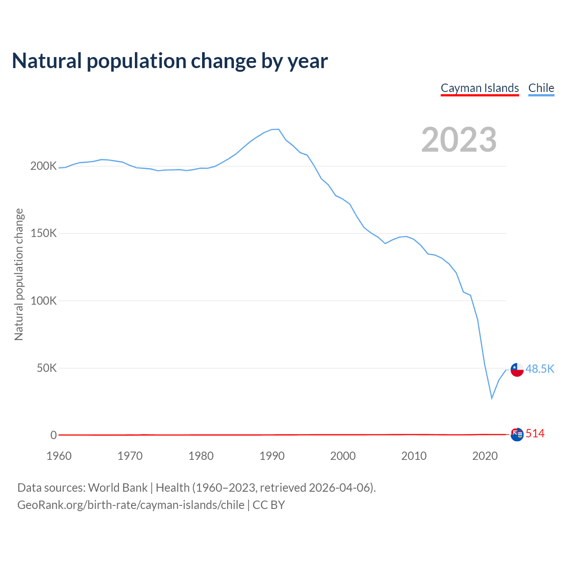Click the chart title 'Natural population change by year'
(x=170, y=61)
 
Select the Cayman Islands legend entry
(x=480, y=88)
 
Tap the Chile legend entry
(x=541, y=88)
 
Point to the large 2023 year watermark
(x=459, y=140)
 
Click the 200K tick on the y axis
(x=43, y=166)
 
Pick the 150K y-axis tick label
(x=43, y=233)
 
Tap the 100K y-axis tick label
(x=43, y=301)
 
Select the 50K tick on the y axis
(x=46, y=368)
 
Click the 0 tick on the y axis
(x=54, y=435)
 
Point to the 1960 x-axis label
(x=59, y=456)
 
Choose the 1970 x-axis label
(x=130, y=456)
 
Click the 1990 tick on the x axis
(x=272, y=456)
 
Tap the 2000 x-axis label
(x=343, y=456)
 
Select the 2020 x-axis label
(x=485, y=456)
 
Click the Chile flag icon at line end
(x=517, y=369)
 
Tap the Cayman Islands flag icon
(x=517, y=434)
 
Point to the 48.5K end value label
(x=540, y=369)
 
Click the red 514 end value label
(x=535, y=434)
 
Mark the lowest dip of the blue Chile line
(x=492, y=398)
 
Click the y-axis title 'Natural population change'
(x=19, y=274)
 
